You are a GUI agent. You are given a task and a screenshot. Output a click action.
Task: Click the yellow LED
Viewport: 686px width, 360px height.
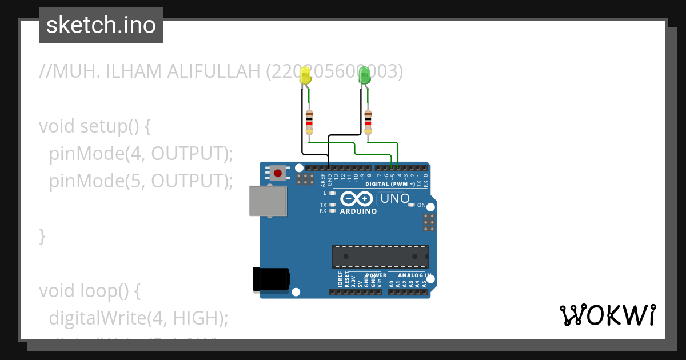coord(306,77)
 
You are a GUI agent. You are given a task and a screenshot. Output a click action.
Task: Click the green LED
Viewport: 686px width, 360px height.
coord(364,77)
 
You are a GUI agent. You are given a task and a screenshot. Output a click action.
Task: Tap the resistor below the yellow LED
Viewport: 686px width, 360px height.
coord(309,122)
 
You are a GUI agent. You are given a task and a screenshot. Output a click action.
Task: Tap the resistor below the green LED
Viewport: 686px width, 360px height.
coord(368,122)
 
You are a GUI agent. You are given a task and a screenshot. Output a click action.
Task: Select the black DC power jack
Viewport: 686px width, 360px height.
coord(271,279)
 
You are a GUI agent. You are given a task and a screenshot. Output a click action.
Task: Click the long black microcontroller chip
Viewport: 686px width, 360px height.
coord(380,257)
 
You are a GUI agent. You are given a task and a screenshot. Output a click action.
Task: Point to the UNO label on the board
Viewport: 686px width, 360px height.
coord(395,199)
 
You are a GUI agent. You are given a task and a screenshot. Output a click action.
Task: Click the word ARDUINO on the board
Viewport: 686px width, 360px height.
coord(358,211)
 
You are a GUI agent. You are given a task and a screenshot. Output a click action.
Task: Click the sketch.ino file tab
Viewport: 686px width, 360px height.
coord(101,25)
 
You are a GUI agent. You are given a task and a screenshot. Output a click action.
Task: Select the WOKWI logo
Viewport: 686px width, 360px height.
coord(607,315)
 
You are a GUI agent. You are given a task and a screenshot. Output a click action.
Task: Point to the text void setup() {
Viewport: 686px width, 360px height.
coord(95,126)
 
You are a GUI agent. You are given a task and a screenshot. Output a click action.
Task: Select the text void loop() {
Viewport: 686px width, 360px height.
coord(90,290)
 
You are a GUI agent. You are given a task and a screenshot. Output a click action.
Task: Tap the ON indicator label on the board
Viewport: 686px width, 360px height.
coord(421,205)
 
